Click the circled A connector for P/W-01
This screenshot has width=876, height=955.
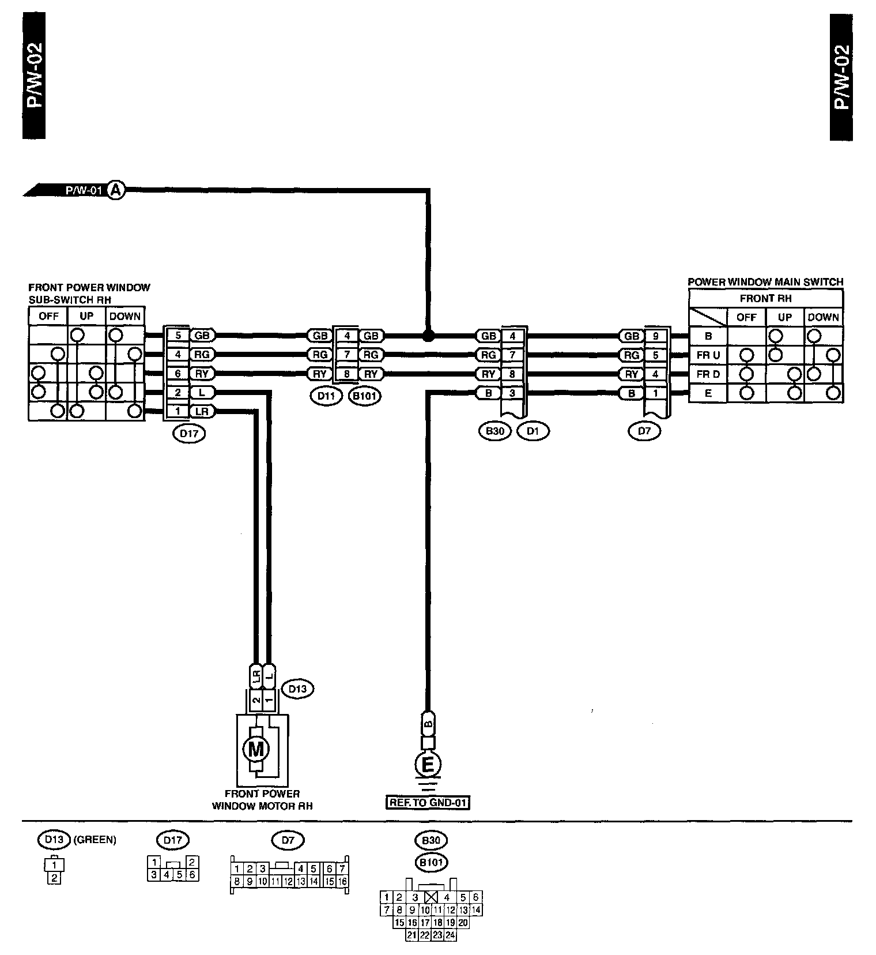[116, 190]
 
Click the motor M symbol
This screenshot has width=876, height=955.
[256, 749]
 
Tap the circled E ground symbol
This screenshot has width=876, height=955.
[428, 765]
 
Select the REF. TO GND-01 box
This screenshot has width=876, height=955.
[427, 802]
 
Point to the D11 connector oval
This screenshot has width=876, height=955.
[326, 396]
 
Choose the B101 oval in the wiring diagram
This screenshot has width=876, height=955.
[365, 396]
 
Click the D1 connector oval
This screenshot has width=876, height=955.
[533, 431]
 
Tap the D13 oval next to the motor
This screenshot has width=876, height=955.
[297, 689]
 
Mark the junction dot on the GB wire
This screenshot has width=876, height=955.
[428, 336]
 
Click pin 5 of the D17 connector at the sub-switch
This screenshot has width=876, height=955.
[178, 335]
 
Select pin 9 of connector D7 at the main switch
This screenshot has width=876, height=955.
[655, 336]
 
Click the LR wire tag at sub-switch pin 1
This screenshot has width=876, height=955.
[202, 412]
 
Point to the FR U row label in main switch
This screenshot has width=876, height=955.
[708, 355]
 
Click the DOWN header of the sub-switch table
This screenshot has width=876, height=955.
[124, 316]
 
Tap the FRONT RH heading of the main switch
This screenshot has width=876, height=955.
[765, 298]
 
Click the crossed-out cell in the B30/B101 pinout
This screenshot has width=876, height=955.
[431, 897]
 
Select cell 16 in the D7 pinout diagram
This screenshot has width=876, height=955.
[342, 881]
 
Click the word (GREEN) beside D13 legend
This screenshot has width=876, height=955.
[95, 840]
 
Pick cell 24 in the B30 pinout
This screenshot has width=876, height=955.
[450, 935]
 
